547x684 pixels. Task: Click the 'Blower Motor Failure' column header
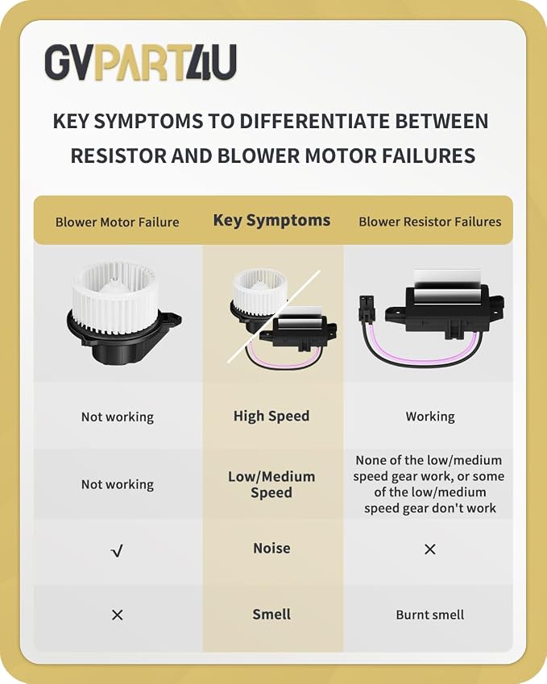(118, 222)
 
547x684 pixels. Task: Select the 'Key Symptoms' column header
(271, 221)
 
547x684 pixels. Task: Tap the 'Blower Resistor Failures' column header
(429, 222)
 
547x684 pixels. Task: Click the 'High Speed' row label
(271, 417)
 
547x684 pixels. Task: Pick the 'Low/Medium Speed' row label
(271, 484)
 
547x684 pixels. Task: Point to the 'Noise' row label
(271, 548)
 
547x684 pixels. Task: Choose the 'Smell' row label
(271, 614)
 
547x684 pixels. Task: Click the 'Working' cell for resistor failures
(430, 417)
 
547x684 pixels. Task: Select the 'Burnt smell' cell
(429, 615)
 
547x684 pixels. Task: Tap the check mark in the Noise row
(117, 551)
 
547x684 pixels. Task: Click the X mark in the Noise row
(430, 549)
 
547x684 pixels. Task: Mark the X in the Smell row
(118, 615)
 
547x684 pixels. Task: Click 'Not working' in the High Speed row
(118, 417)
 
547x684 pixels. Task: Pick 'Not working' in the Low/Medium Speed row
(118, 485)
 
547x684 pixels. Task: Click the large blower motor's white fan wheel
(113, 296)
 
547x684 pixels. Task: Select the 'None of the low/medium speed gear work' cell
(429, 484)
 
